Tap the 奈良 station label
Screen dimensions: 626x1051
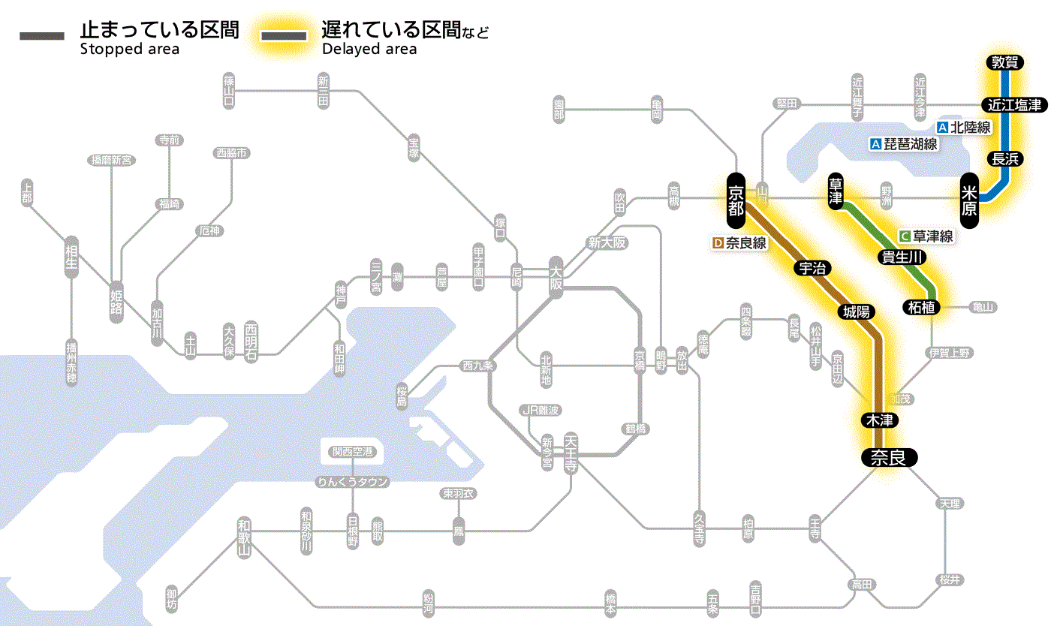(x=888, y=457)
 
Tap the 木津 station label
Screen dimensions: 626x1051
(x=882, y=420)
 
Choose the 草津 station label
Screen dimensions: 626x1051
(x=836, y=193)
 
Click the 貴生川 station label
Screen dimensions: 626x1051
(x=903, y=257)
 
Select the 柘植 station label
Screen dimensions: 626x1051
(x=922, y=307)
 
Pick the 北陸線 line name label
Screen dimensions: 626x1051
(x=964, y=128)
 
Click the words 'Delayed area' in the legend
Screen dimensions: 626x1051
(x=369, y=50)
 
